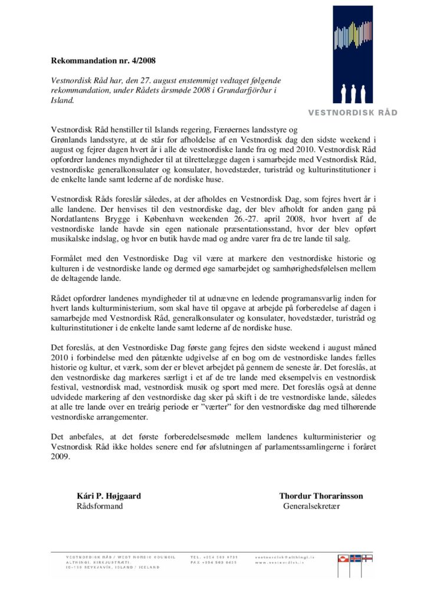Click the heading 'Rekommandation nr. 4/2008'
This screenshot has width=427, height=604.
(103, 60)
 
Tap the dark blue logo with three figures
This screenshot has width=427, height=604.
(353, 54)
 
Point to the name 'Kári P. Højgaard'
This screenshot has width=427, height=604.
(109, 496)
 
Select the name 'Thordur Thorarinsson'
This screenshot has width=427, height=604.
(321, 496)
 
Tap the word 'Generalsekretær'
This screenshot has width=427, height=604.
(312, 506)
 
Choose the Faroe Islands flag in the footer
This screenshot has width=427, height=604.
(367, 557)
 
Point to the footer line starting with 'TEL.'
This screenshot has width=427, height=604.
(214, 557)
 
